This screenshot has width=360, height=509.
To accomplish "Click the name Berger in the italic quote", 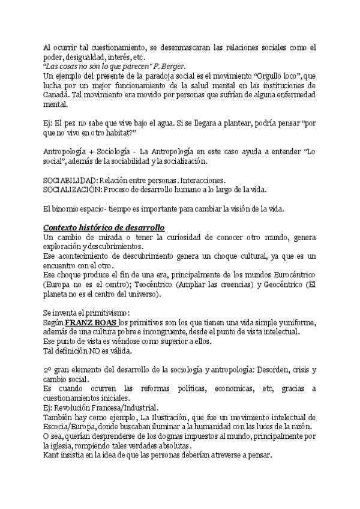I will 170,65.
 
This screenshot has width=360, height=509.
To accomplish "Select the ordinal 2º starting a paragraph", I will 48,371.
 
